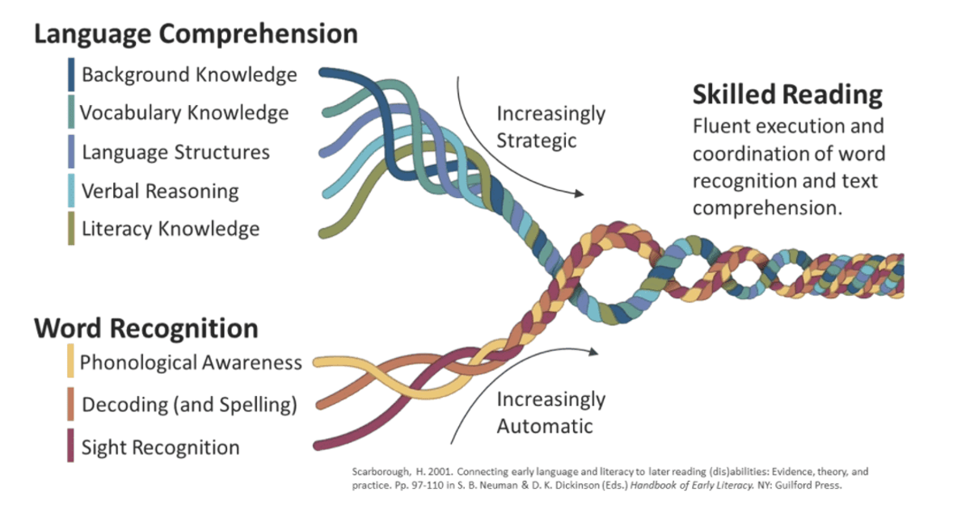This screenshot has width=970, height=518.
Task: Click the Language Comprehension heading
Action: [196, 34]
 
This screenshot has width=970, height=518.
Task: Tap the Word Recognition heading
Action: [146, 328]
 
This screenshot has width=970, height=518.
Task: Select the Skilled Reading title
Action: [787, 95]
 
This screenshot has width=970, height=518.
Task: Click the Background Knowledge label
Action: [189, 74]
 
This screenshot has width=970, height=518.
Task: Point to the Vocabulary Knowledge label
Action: [184, 113]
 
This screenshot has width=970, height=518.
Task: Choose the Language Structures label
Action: [176, 152]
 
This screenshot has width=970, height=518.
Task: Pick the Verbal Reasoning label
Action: [160, 192]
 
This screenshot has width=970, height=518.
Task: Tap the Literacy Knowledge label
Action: [171, 229]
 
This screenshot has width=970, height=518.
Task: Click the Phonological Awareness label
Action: [191, 363]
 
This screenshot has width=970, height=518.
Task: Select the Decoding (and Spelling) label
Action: [189, 405]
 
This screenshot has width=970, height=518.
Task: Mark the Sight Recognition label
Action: [160, 448]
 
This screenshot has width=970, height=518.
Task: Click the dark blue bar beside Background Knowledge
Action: [71, 74]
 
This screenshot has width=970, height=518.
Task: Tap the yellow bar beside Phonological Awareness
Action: [70, 360]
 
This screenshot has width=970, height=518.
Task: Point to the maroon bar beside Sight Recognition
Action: [70, 445]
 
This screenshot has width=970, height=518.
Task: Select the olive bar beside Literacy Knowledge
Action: [71, 229]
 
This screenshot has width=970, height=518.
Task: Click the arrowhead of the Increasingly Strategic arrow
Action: [580, 193]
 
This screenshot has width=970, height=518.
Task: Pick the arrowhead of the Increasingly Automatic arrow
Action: [593, 352]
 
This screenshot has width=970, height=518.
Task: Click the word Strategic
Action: [536, 141]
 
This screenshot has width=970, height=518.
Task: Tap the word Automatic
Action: [544, 426]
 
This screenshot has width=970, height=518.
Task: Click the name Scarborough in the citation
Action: [380, 472]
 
